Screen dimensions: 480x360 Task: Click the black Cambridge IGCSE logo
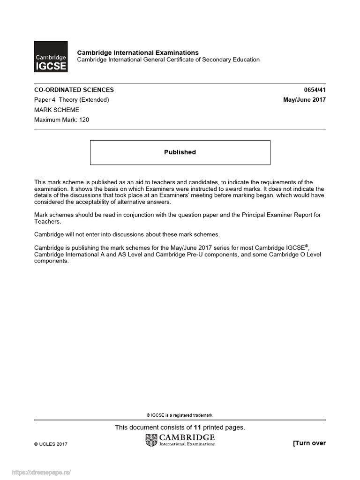[51, 57]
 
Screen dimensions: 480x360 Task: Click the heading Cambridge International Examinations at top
[137, 52]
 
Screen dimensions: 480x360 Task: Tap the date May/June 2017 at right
[304, 99]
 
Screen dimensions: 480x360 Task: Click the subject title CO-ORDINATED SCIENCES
[74, 90]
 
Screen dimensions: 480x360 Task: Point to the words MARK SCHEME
[57, 110]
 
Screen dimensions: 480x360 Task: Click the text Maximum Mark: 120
[61, 120]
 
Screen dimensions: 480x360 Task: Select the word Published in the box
[180, 152]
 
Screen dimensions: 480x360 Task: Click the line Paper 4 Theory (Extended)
[72, 99]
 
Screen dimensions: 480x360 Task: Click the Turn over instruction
[309, 443]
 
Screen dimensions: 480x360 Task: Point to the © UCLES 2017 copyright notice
[51, 444]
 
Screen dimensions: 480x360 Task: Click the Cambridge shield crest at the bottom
[152, 440]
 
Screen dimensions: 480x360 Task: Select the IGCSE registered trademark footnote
[180, 415]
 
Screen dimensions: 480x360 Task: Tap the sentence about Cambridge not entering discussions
[127, 234]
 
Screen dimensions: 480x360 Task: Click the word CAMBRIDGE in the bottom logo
[187, 437]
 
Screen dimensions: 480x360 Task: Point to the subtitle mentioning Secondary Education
[168, 60]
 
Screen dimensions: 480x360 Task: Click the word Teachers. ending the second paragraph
[45, 222]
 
